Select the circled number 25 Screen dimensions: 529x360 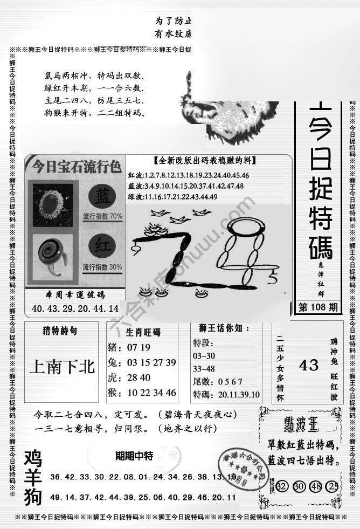pos(334,486)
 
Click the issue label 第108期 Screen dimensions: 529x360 pos(318,308)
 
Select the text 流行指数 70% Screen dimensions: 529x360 pos(102,216)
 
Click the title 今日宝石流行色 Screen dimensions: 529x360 pos(75,164)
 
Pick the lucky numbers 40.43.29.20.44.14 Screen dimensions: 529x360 pos(75,309)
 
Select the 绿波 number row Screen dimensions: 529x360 pos(172,197)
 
